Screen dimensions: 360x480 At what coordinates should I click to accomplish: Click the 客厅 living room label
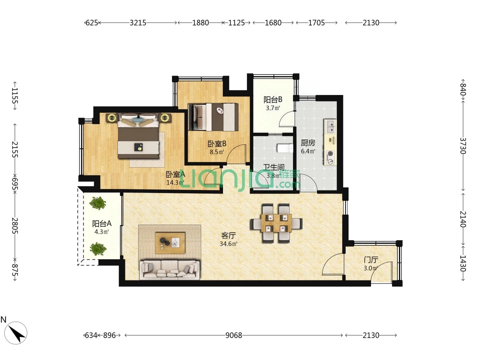tap(228, 235)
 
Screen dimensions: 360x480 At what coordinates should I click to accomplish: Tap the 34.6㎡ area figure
tap(228, 244)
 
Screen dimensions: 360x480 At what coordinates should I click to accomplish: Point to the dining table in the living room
tap(276, 223)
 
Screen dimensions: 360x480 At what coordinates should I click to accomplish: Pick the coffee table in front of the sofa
tap(170, 242)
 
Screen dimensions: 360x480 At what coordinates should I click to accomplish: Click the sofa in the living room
tap(169, 269)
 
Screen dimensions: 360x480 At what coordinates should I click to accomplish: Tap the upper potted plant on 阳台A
tap(98, 203)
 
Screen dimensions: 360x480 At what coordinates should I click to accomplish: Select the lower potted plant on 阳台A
tap(98, 249)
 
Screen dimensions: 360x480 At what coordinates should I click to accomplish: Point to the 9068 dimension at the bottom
tap(234, 335)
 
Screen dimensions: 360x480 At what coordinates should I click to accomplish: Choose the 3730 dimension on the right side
tap(463, 146)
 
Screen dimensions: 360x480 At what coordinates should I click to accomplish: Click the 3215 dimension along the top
tap(138, 23)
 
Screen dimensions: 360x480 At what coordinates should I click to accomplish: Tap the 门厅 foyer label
tap(371, 260)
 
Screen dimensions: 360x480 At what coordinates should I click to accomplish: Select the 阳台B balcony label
tap(273, 99)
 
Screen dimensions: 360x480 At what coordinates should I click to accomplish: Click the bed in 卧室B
tap(213, 117)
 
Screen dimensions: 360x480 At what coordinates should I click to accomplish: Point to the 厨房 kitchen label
tap(308, 143)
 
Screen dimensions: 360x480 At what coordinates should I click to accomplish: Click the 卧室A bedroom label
tap(175, 174)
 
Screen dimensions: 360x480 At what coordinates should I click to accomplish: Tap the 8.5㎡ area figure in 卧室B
tap(217, 152)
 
